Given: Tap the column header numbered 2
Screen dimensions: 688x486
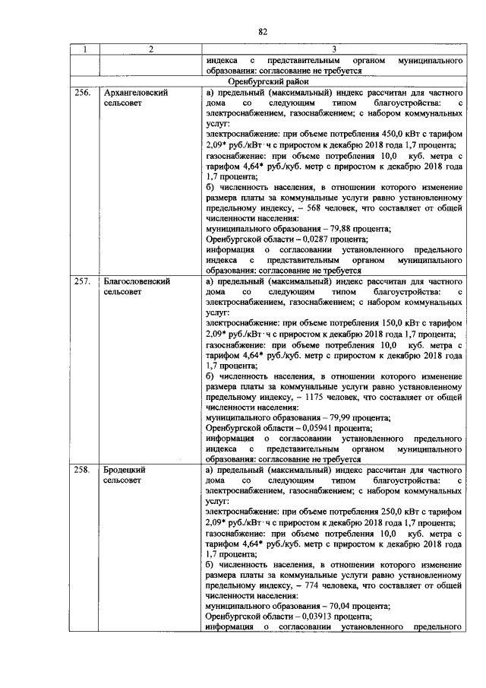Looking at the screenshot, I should coord(151,49).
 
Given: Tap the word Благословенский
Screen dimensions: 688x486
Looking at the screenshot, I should coord(137,281).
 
